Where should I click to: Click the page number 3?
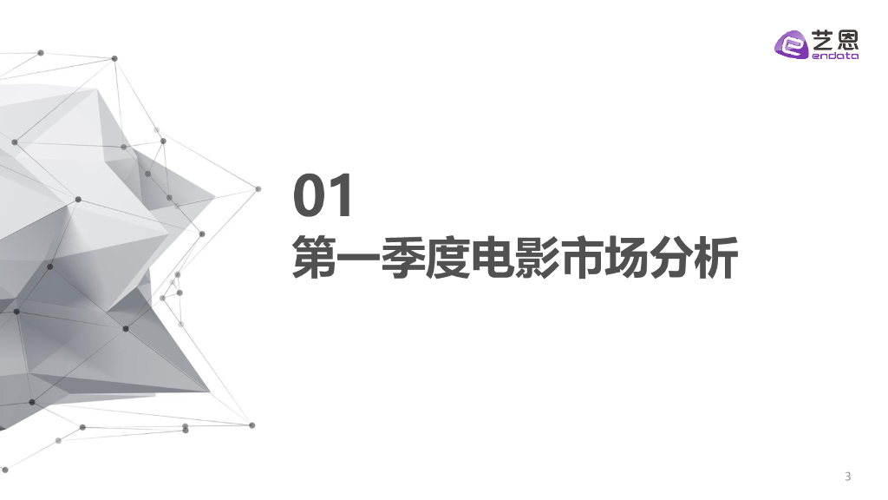(848, 476)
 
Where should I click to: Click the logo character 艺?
(821, 39)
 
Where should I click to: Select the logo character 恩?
(846, 39)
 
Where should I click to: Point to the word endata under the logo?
(834, 56)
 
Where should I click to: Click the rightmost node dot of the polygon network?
(258, 188)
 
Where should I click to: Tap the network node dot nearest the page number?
(252, 425)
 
